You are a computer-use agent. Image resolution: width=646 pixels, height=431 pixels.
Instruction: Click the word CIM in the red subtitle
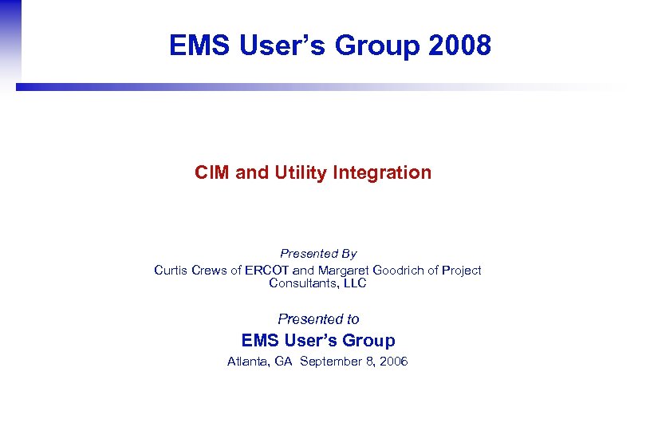tap(212, 172)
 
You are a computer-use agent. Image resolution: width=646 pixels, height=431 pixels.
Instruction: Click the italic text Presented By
tap(318, 254)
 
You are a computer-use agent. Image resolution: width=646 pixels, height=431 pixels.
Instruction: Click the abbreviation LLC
tap(354, 283)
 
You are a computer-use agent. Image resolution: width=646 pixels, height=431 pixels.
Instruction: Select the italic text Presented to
tap(318, 319)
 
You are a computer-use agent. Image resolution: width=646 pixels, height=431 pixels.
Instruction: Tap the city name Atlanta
tap(248, 362)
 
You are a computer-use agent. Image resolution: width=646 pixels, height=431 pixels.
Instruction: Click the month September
tap(332, 362)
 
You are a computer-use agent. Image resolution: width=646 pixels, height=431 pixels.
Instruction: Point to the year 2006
tap(392, 362)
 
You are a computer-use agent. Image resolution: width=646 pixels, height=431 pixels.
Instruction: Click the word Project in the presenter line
tap(461, 271)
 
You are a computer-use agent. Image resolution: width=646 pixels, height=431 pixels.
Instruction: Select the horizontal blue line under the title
tap(239, 87)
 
